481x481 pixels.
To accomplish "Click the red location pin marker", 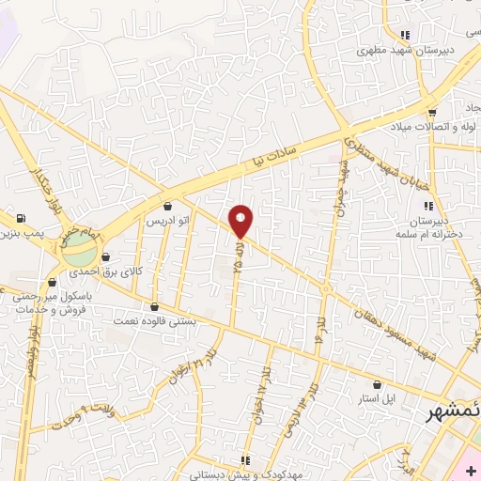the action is [x=241, y=220].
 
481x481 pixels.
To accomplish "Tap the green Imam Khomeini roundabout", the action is [x=80, y=251].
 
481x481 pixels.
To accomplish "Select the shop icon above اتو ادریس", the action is [x=168, y=206].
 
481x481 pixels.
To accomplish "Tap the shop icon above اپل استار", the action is [x=378, y=384].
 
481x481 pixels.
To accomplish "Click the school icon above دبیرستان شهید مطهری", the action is [x=404, y=35].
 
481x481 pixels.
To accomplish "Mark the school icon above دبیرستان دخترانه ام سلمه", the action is [x=429, y=206].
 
